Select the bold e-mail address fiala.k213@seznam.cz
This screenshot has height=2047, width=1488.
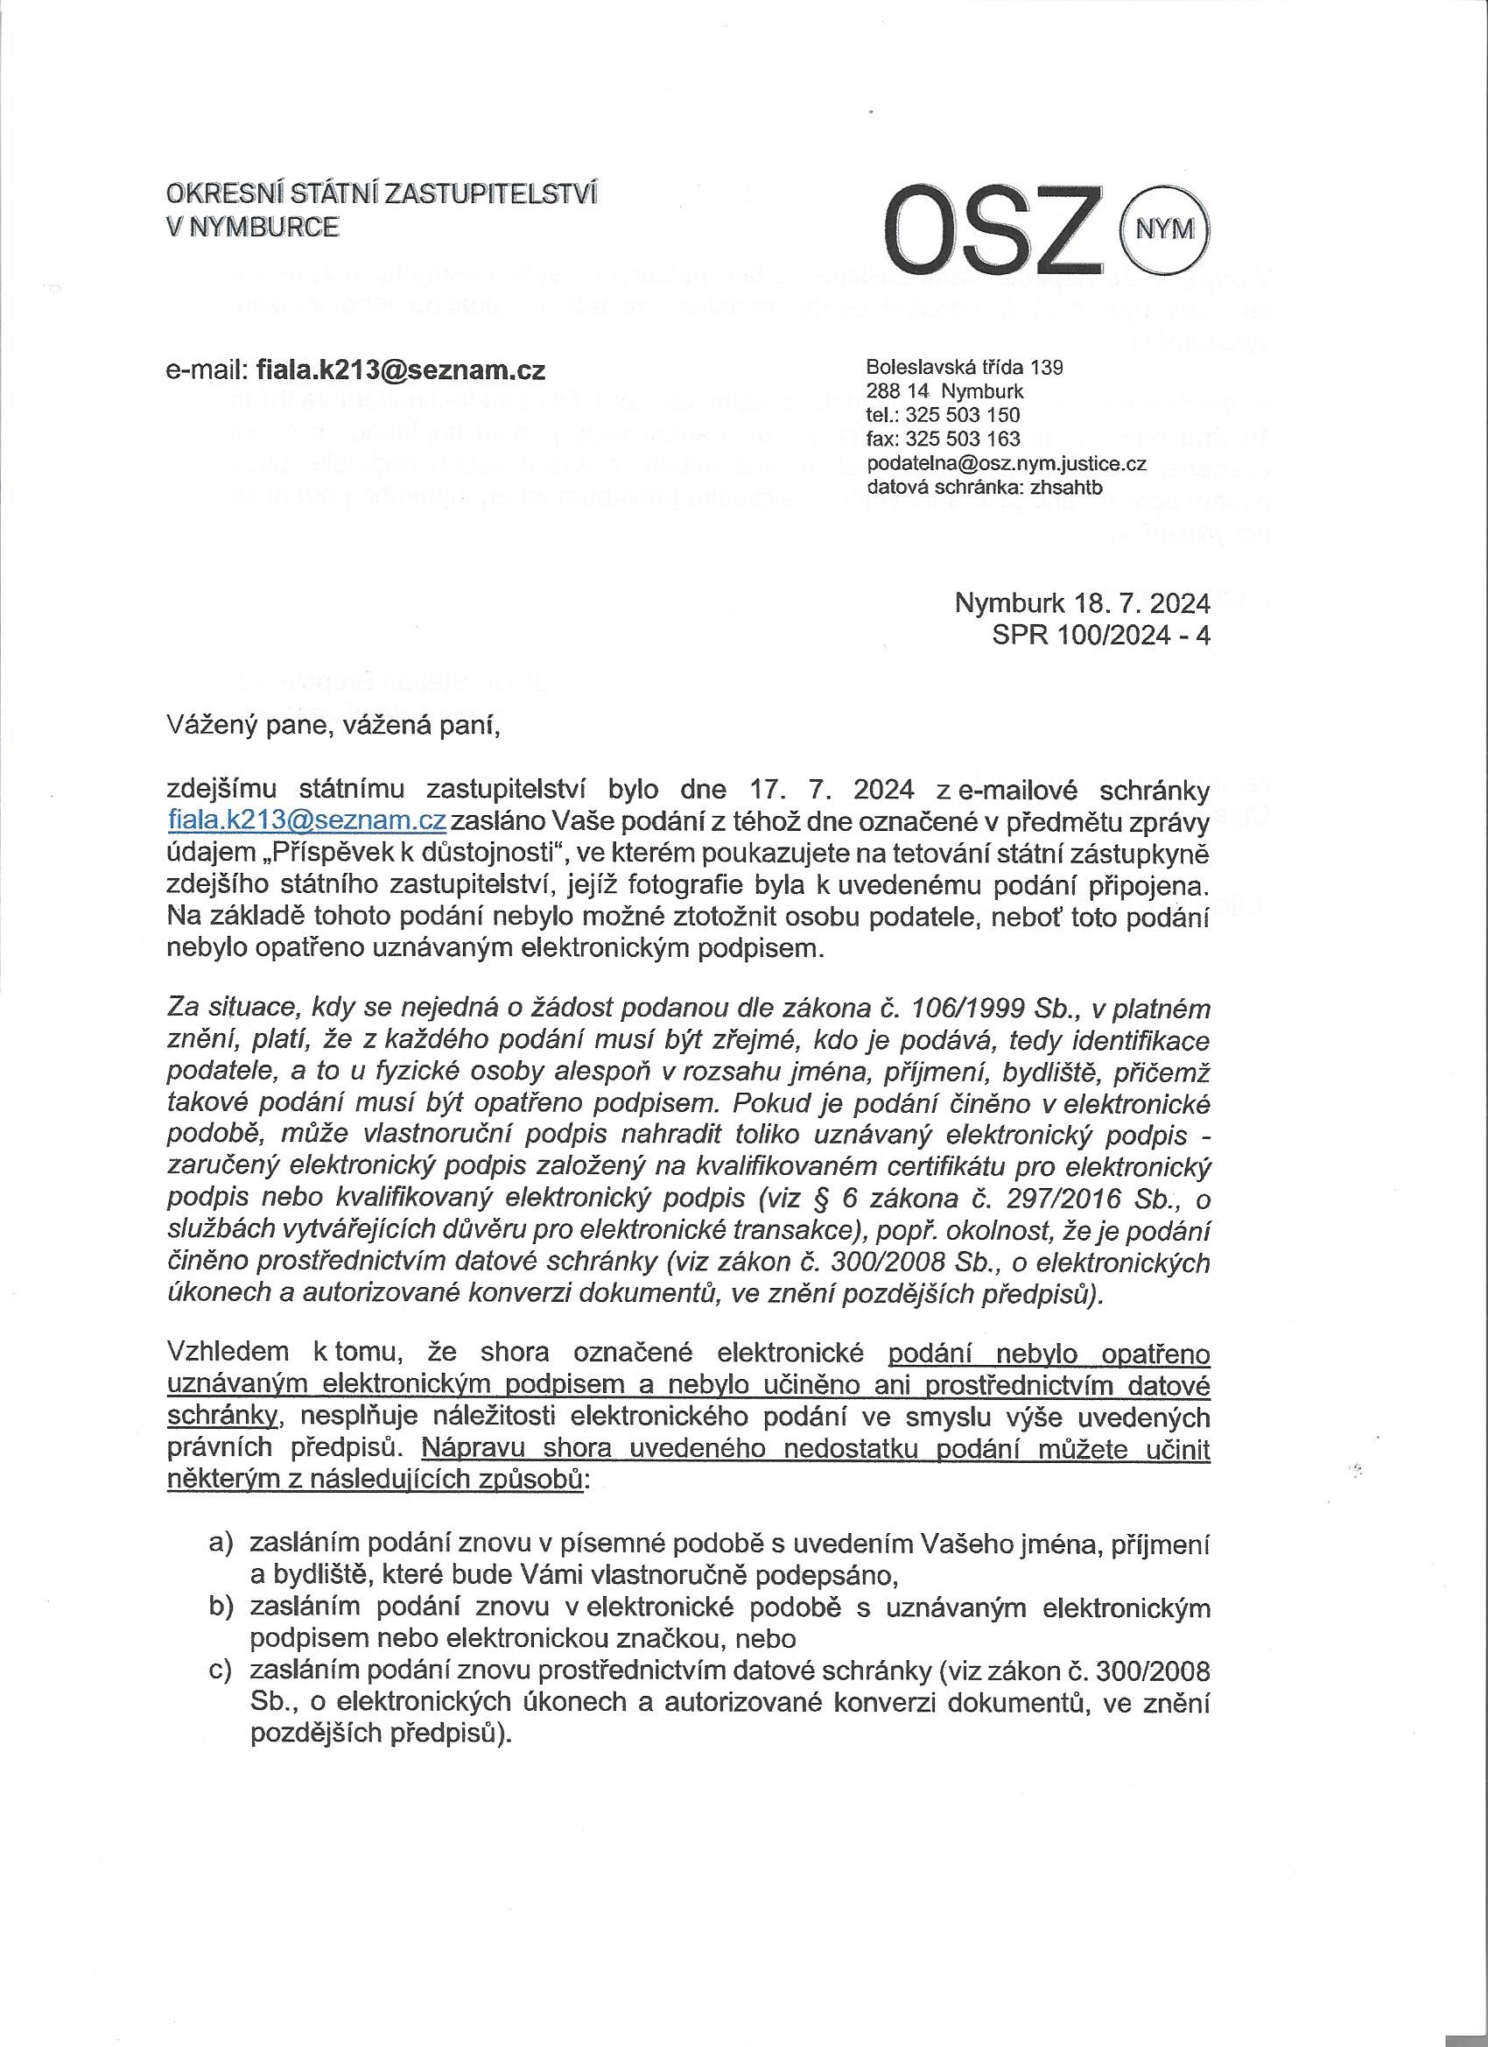click(401, 370)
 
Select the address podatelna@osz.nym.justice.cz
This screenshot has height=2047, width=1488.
click(1005, 464)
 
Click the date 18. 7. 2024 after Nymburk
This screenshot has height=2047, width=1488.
click(1141, 603)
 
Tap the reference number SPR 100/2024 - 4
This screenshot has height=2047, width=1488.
click(1100, 636)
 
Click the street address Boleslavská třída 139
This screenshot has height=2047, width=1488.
click(964, 368)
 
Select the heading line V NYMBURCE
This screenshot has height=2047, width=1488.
click(253, 228)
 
